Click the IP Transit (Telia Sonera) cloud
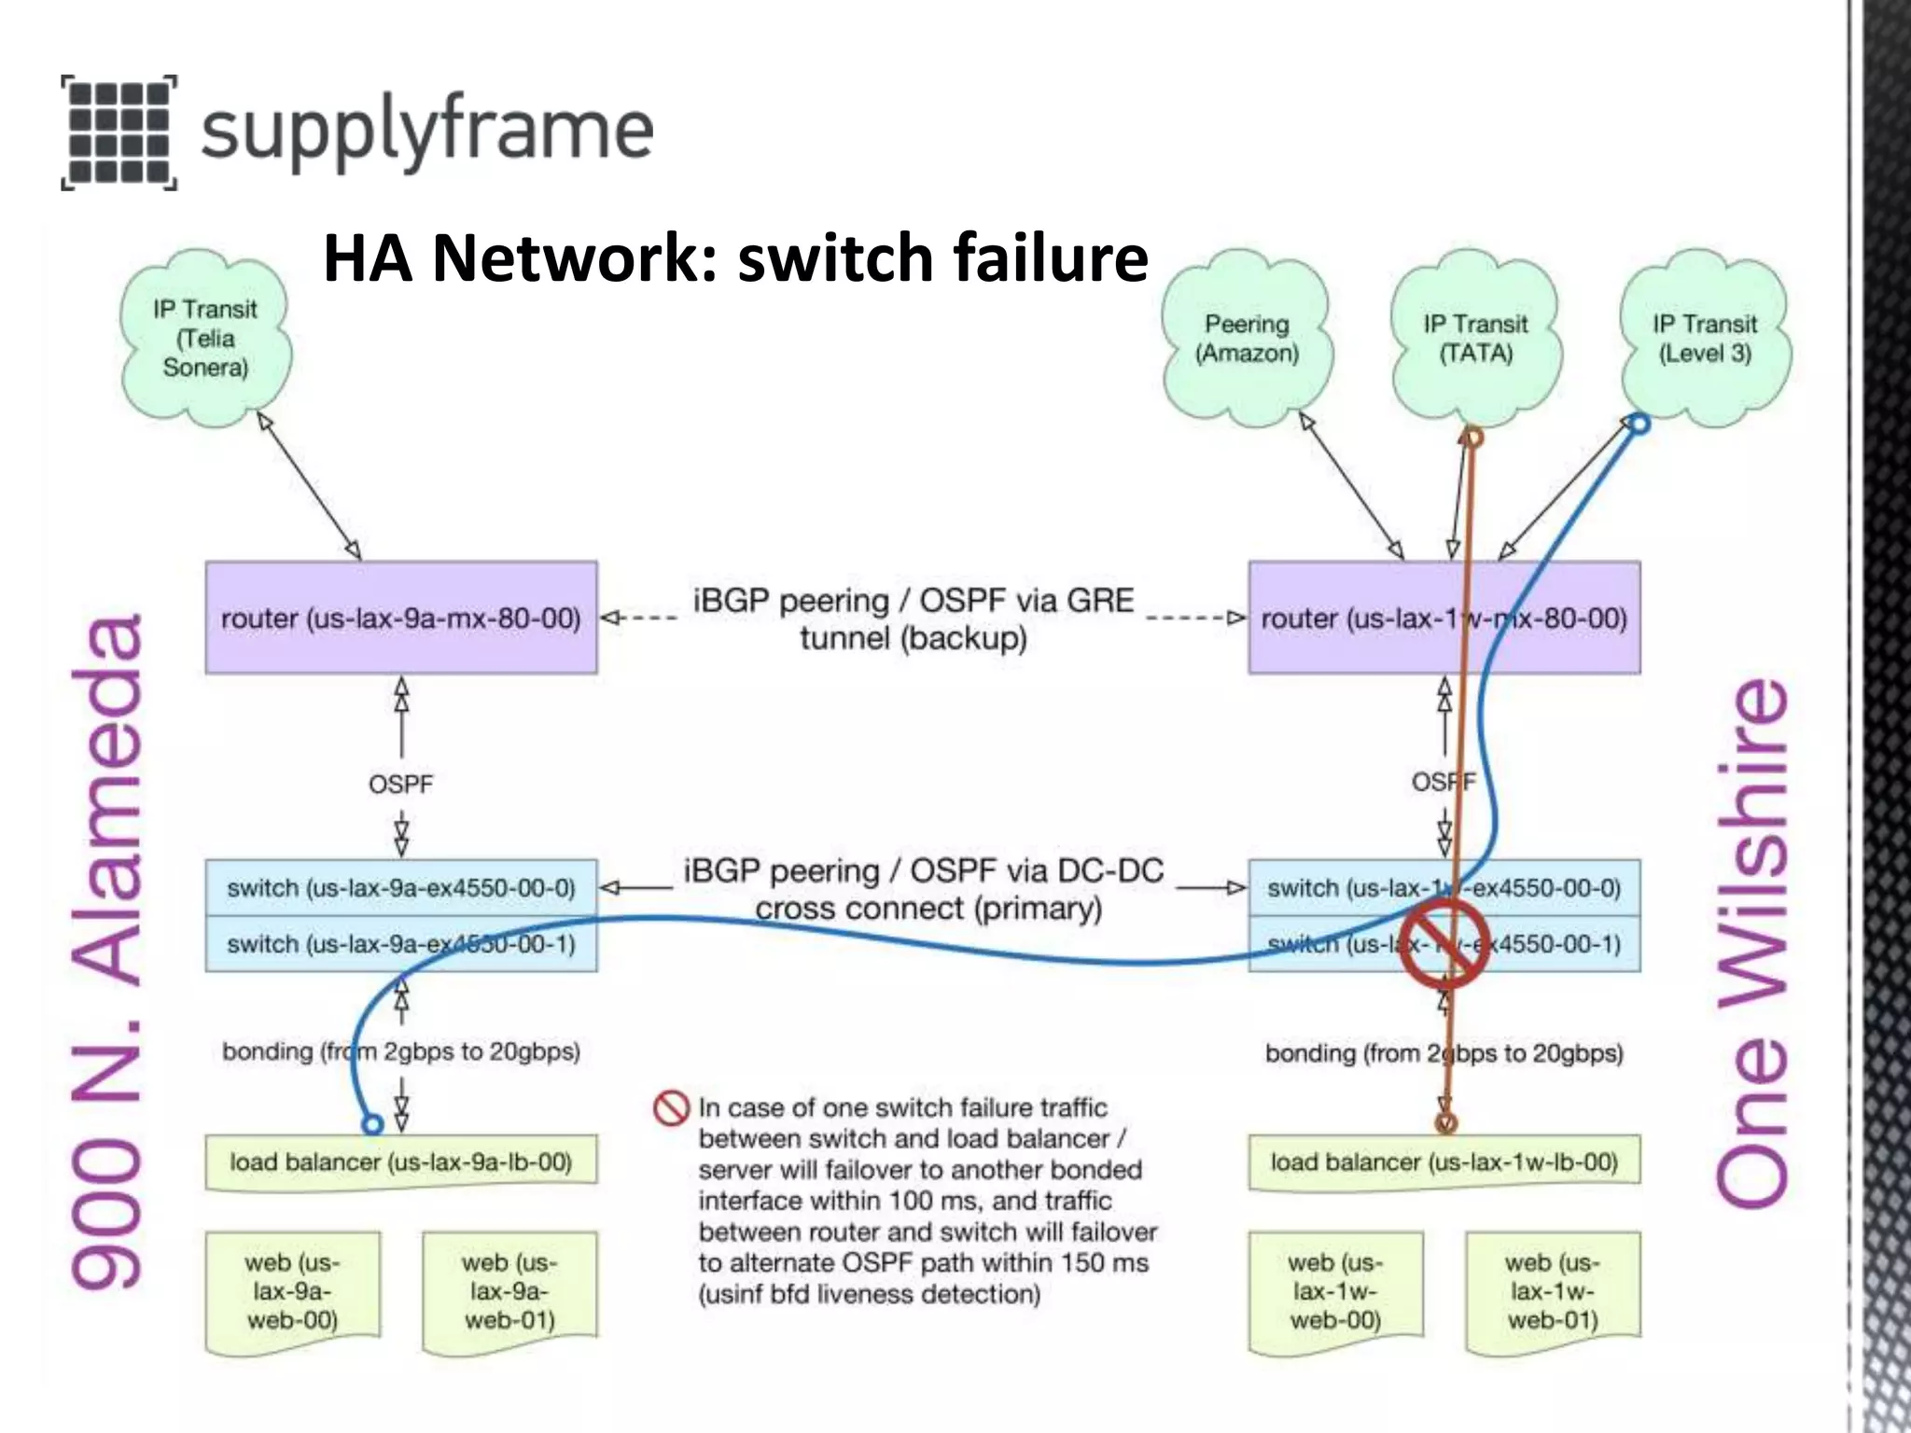pyautogui.click(x=205, y=338)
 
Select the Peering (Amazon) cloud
pyautogui.click(x=1247, y=338)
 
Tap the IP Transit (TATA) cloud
pyautogui.click(x=1475, y=338)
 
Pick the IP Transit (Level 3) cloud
pyautogui.click(x=1705, y=338)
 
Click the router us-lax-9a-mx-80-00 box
pyautogui.click(x=401, y=618)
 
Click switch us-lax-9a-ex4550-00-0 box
pyautogui.click(x=401, y=887)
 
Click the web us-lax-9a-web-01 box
pyautogui.click(x=509, y=1291)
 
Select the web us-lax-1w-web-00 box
pyautogui.click(x=1335, y=1291)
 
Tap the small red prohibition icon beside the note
pyautogui.click(x=671, y=1108)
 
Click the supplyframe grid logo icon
pyautogui.click(x=119, y=132)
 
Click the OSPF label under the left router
pyautogui.click(x=400, y=784)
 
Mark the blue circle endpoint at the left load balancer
pyautogui.click(x=372, y=1124)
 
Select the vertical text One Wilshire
pyautogui.click(x=1752, y=942)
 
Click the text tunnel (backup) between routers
pyautogui.click(x=913, y=639)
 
